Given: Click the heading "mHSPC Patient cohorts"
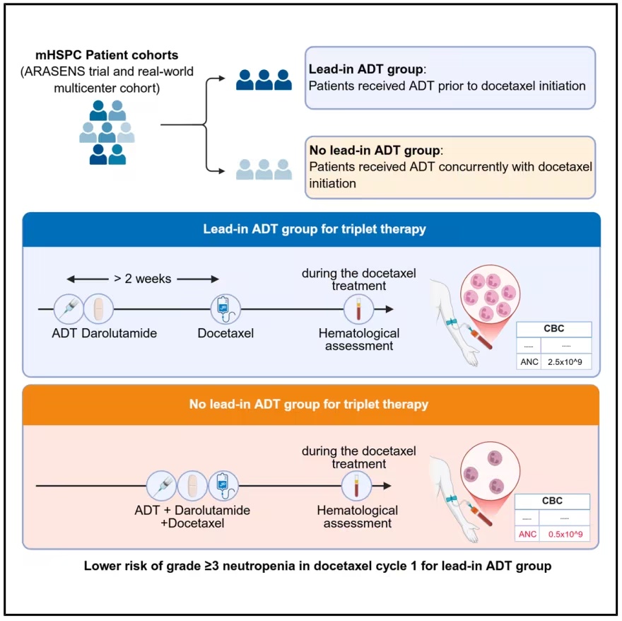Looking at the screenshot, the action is click(x=107, y=54).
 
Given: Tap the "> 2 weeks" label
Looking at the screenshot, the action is click(x=143, y=279).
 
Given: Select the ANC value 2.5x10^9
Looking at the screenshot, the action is click(x=565, y=361).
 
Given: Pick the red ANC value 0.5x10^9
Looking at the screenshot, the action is click(x=565, y=534).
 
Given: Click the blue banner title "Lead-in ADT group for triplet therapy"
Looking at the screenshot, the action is click(x=315, y=229).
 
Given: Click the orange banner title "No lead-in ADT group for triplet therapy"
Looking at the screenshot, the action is click(x=309, y=404).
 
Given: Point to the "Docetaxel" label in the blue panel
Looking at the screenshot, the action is click(x=225, y=333).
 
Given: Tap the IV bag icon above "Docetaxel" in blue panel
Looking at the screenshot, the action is click(x=225, y=309).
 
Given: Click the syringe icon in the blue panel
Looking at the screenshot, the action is click(x=69, y=309).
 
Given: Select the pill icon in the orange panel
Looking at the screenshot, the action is click(x=192, y=486).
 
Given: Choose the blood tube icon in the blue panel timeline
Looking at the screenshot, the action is click(x=358, y=309).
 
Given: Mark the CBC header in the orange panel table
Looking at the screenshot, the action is click(x=552, y=501).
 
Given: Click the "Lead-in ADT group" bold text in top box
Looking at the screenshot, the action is click(x=365, y=69).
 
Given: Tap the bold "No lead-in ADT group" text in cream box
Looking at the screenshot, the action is click(x=375, y=150).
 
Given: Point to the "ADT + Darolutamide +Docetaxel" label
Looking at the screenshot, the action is click(x=192, y=516).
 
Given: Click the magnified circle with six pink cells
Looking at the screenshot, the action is click(x=490, y=296).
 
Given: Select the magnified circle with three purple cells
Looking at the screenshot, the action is click(x=490, y=472).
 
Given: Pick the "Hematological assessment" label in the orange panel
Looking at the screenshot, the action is click(x=358, y=516).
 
